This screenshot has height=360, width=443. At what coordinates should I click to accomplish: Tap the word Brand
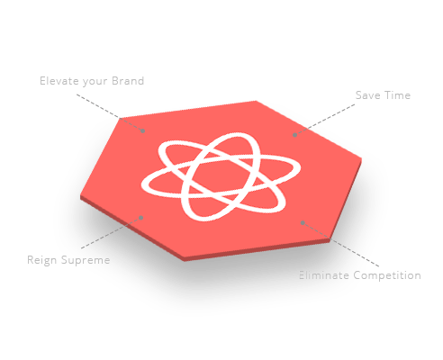coord(128,81)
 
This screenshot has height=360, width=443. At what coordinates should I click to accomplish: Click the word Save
coord(367,95)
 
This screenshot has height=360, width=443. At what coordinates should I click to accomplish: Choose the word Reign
coord(41,260)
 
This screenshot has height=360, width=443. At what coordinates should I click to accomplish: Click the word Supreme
coord(86,260)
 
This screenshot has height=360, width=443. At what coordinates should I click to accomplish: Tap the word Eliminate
coord(324,275)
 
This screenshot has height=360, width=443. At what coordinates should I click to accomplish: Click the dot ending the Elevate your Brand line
coord(143,130)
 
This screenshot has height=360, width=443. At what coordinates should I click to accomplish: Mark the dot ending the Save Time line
coord(295,135)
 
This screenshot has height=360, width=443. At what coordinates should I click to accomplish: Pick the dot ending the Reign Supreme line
coord(141,218)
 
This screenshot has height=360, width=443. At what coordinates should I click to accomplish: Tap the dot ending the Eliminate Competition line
coord(303,222)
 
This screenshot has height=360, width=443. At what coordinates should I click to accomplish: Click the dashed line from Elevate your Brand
coord(110,112)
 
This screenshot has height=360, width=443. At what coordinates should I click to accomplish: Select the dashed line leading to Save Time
coord(325,120)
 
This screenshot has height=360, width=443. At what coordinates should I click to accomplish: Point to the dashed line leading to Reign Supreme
coord(111,233)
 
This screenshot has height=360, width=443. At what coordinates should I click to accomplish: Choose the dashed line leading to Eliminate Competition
coord(340,245)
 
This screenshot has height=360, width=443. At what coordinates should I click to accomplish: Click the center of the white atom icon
coord(221,176)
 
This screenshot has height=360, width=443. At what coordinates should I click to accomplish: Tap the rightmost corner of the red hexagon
coord(361,158)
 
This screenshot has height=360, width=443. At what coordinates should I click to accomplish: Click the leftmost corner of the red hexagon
coord(80,196)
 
